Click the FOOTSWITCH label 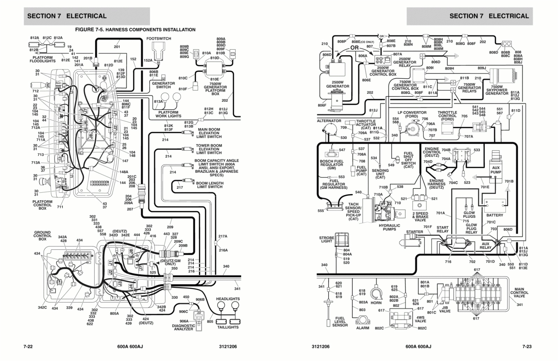pyautogui.click(x=159, y=39)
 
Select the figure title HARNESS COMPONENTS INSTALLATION pyautogui.click(x=135, y=30)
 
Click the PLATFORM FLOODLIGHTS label pyautogui.click(x=43, y=59)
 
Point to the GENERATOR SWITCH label pyautogui.click(x=163, y=85)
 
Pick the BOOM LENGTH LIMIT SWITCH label pyautogui.click(x=209, y=185)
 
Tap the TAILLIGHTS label pyautogui.click(x=228, y=327)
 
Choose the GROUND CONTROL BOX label pyautogui.click(x=42, y=236)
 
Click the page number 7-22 pyautogui.click(x=28, y=347)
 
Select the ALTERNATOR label pyautogui.click(x=329, y=121)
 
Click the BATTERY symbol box pyautogui.click(x=495, y=206)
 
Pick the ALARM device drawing pyautogui.click(x=363, y=320)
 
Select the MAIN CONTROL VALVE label pyautogui.click(x=519, y=293)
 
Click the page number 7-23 pyautogui.click(x=527, y=347)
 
